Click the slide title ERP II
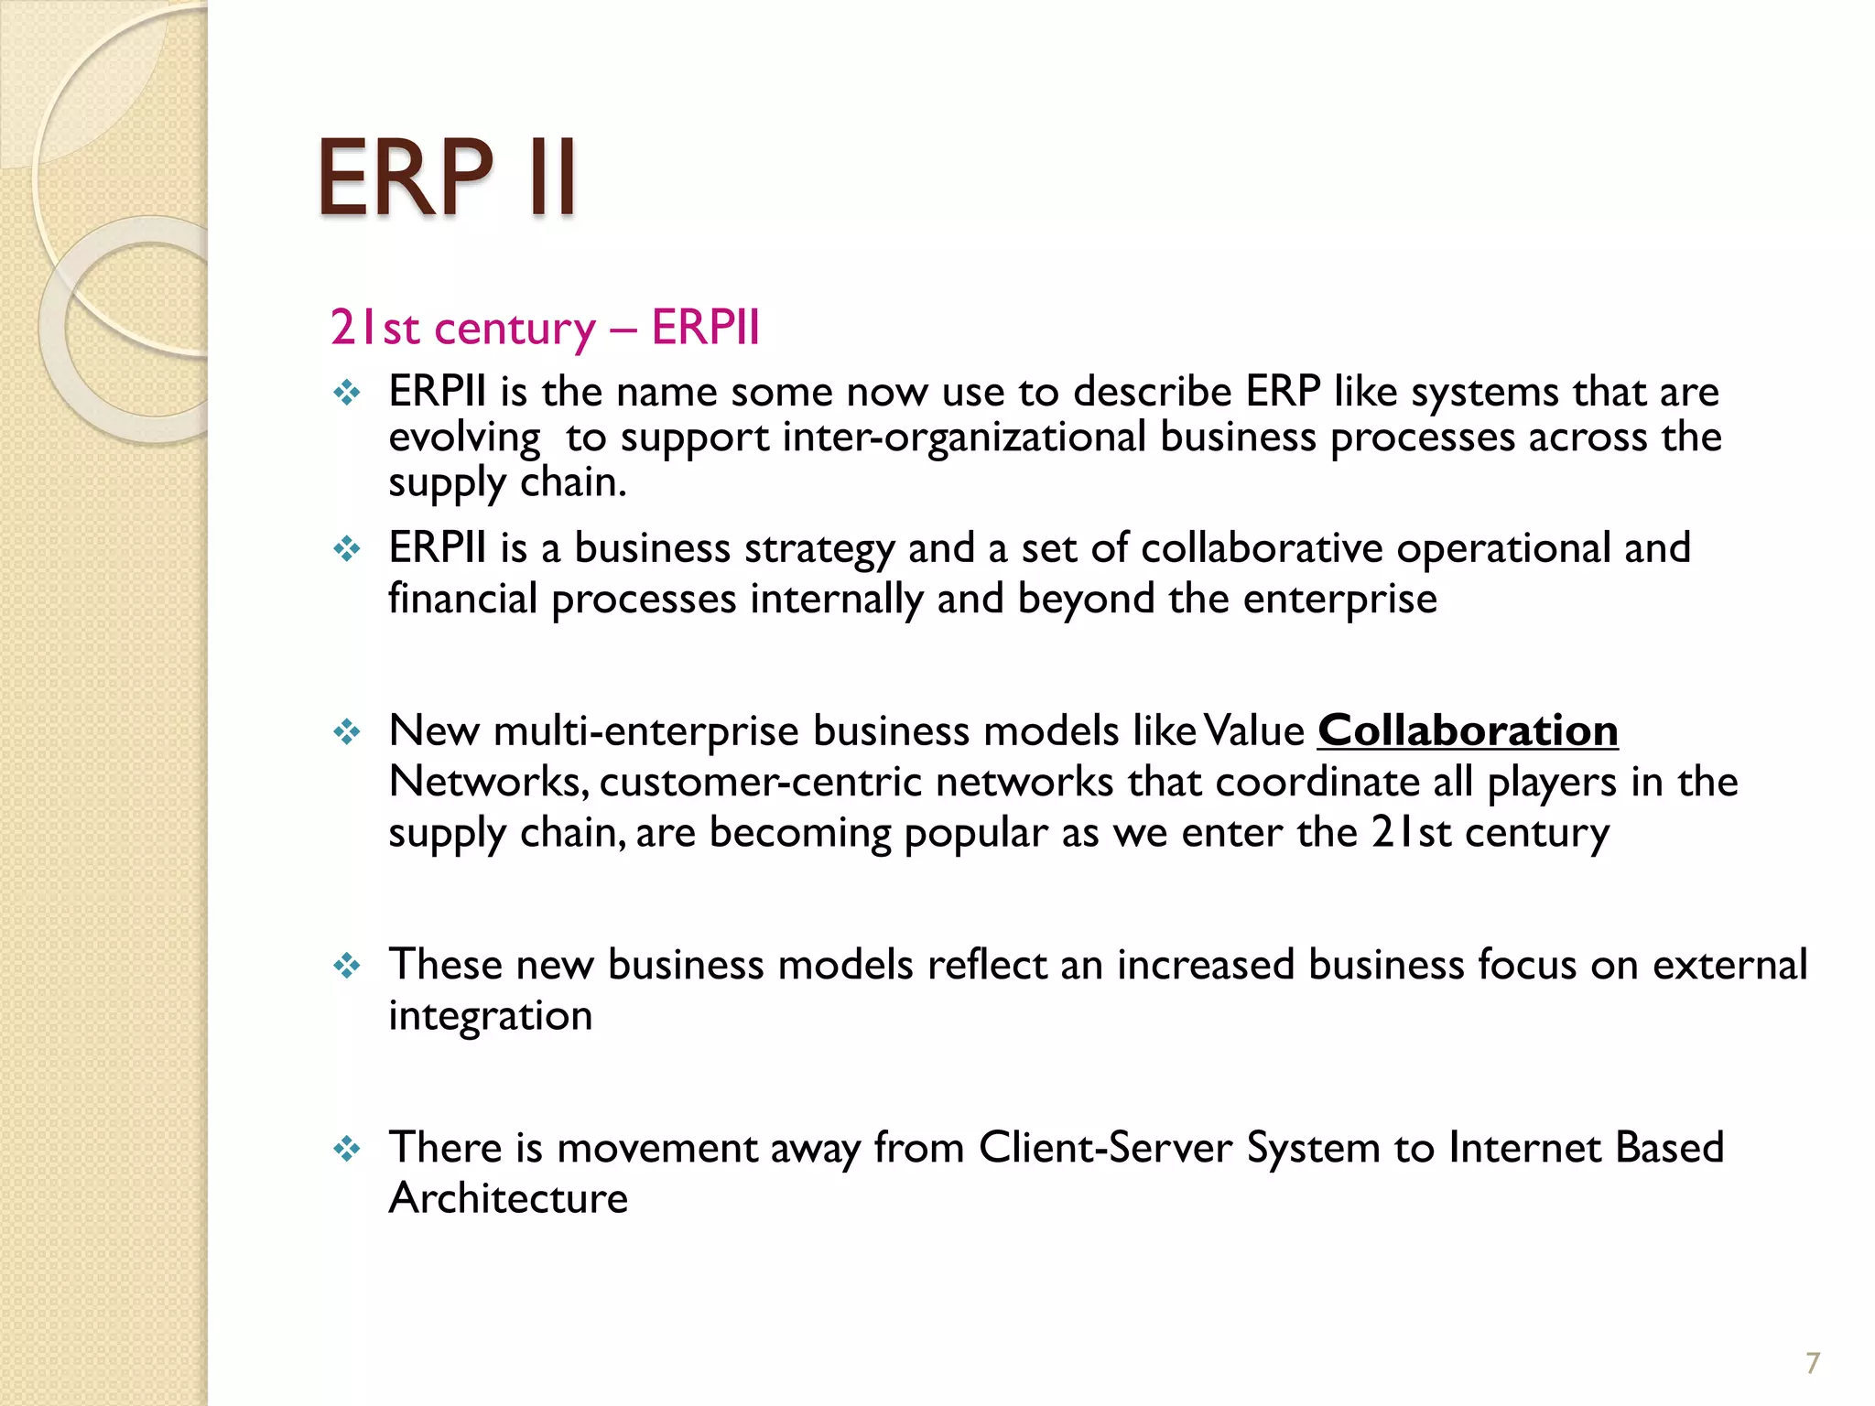[x=447, y=178]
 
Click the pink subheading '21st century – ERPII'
[x=545, y=328]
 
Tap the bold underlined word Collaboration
[x=1468, y=731]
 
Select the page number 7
[x=1813, y=1363]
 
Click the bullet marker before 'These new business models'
[x=347, y=966]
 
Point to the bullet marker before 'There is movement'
[x=347, y=1149]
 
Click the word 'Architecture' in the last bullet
[x=508, y=1198]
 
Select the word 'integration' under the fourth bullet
[x=490, y=1016]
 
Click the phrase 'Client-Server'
[x=1105, y=1148]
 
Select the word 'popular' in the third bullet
[x=976, y=834]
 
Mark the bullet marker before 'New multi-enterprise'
[x=347, y=732]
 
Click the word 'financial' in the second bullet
[x=462, y=600]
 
